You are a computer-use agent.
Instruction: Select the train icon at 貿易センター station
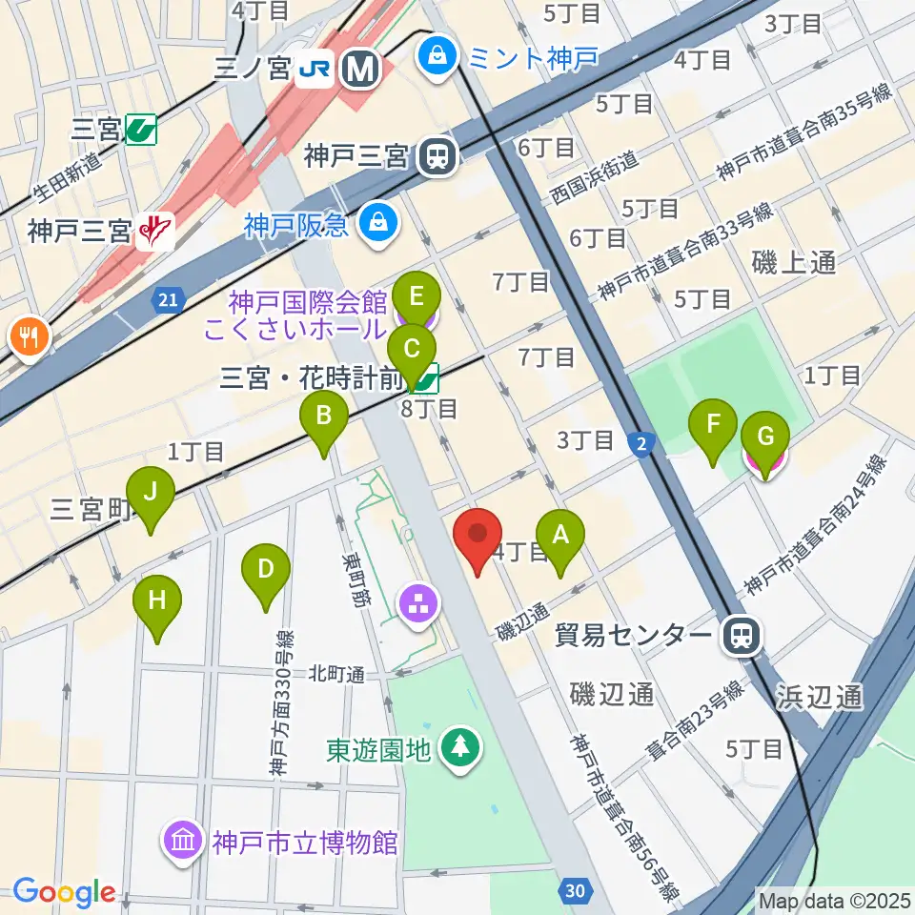pyautogui.click(x=741, y=636)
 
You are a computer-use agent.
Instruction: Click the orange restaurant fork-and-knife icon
pyautogui.click(x=30, y=336)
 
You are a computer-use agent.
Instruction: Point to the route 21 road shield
pyautogui.click(x=168, y=301)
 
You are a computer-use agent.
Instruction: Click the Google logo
pyautogui.click(x=64, y=892)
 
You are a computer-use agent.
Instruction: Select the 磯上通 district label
pyautogui.click(x=793, y=263)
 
